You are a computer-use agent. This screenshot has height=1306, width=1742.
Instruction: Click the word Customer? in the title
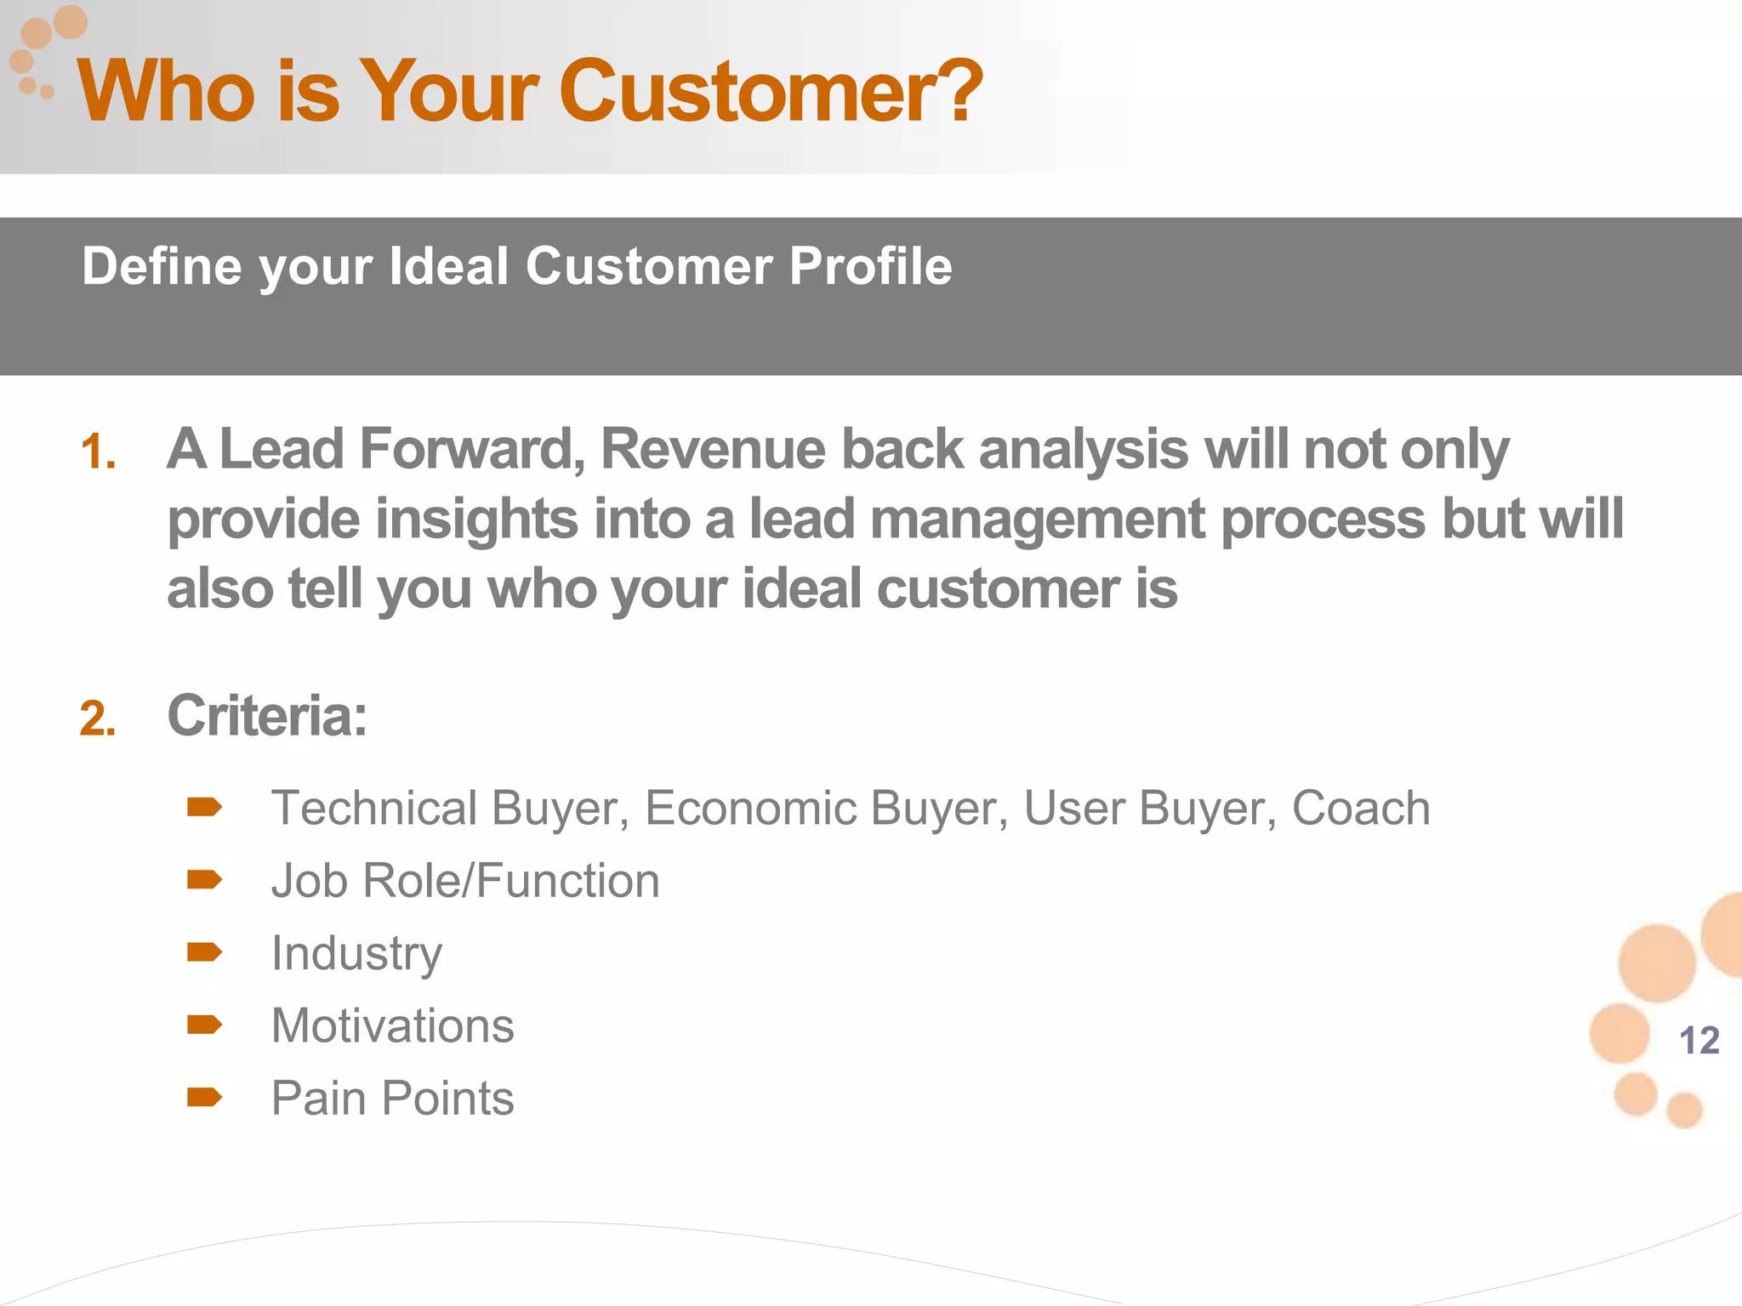tap(770, 91)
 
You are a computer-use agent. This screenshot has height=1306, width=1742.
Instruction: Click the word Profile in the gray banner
tap(869, 266)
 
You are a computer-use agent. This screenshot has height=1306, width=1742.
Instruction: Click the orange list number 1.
tap(98, 452)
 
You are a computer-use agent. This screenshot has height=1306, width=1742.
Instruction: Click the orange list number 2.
tap(98, 719)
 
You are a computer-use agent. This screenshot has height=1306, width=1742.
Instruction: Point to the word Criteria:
tap(267, 716)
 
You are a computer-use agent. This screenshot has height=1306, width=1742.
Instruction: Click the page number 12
tap(1699, 1041)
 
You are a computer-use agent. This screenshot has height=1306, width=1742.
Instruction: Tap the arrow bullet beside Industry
tap(204, 951)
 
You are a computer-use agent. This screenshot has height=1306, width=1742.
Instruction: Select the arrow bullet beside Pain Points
tap(204, 1097)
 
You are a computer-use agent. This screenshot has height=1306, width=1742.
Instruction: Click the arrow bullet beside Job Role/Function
tap(204, 879)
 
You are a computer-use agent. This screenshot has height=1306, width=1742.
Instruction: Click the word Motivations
tap(392, 1025)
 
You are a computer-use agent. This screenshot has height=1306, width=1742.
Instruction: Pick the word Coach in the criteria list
tap(1360, 808)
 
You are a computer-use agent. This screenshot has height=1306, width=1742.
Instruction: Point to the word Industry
tap(356, 953)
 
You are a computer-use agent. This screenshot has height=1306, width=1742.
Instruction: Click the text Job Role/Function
tap(465, 881)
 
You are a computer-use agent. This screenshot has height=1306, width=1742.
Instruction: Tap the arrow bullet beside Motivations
tap(204, 1025)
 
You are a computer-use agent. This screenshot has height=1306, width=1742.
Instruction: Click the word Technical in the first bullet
tap(373, 808)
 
